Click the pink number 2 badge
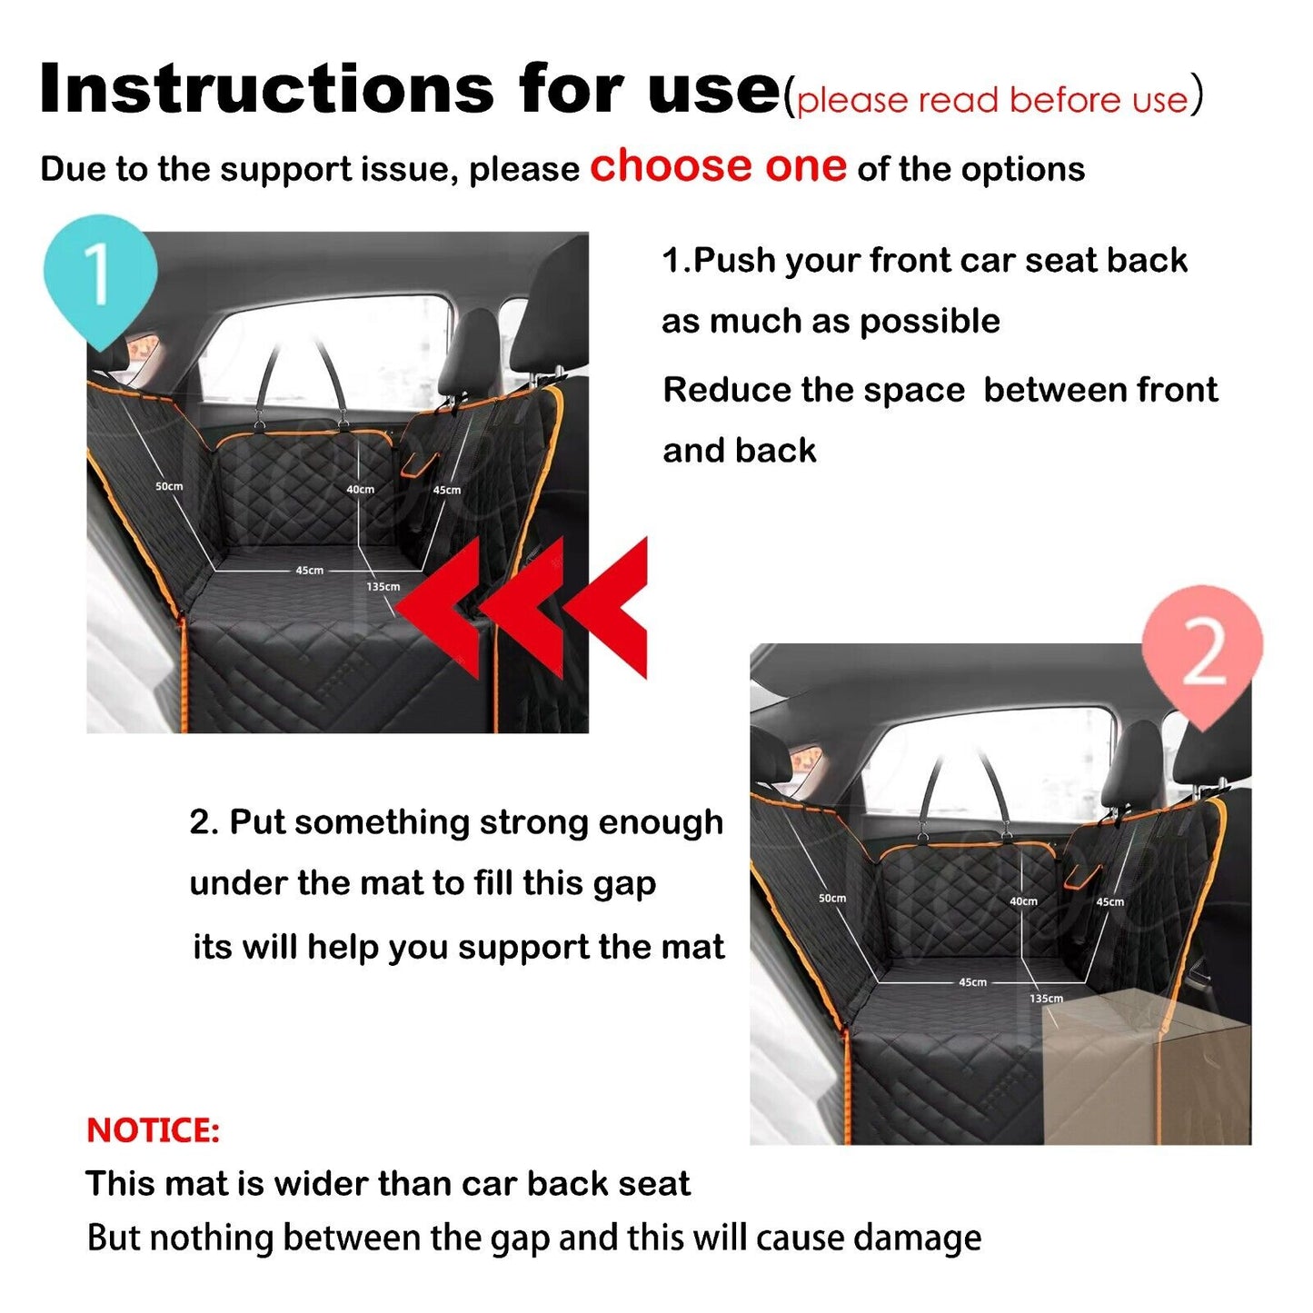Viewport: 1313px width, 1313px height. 1202,653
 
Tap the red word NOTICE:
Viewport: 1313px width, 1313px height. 153,1130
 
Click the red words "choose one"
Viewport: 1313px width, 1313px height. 718,166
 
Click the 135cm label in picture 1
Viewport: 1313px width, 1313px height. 383,587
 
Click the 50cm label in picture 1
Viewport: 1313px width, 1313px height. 169,486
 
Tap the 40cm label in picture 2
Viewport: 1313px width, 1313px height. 1023,901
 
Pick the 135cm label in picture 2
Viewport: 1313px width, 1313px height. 1046,999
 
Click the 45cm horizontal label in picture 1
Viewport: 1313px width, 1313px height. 309,571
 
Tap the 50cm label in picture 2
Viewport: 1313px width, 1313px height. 832,898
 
